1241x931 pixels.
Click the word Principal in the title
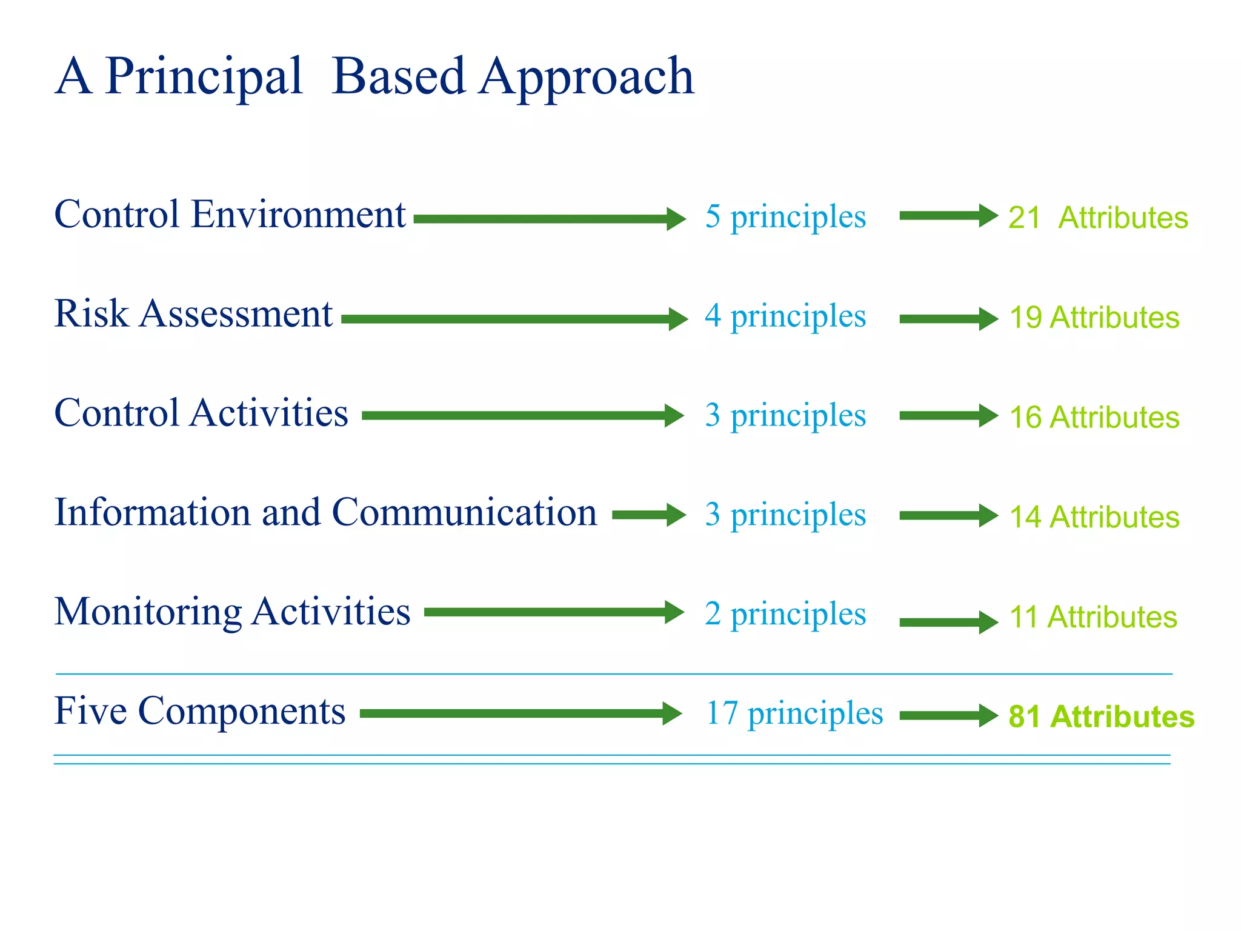(204, 78)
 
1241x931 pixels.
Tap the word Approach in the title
(586, 78)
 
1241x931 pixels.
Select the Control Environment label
(230, 215)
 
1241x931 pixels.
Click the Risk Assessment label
(193, 314)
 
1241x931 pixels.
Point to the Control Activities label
(201, 413)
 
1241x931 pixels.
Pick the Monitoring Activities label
(232, 612)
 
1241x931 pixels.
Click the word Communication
(464, 513)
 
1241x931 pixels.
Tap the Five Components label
(200, 711)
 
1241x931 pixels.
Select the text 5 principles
(785, 217)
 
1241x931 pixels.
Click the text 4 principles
(785, 316)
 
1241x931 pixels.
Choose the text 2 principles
(785, 614)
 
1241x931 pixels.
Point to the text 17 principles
(794, 713)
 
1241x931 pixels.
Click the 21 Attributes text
(1098, 218)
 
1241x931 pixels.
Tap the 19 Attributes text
(1094, 318)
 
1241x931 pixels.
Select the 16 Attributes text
(1094, 417)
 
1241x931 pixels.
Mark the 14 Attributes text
(1094, 517)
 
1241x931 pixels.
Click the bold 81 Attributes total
(1101, 716)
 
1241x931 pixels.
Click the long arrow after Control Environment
(549, 219)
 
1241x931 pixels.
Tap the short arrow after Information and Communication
(648, 515)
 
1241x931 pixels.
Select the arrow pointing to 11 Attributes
(948, 622)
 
